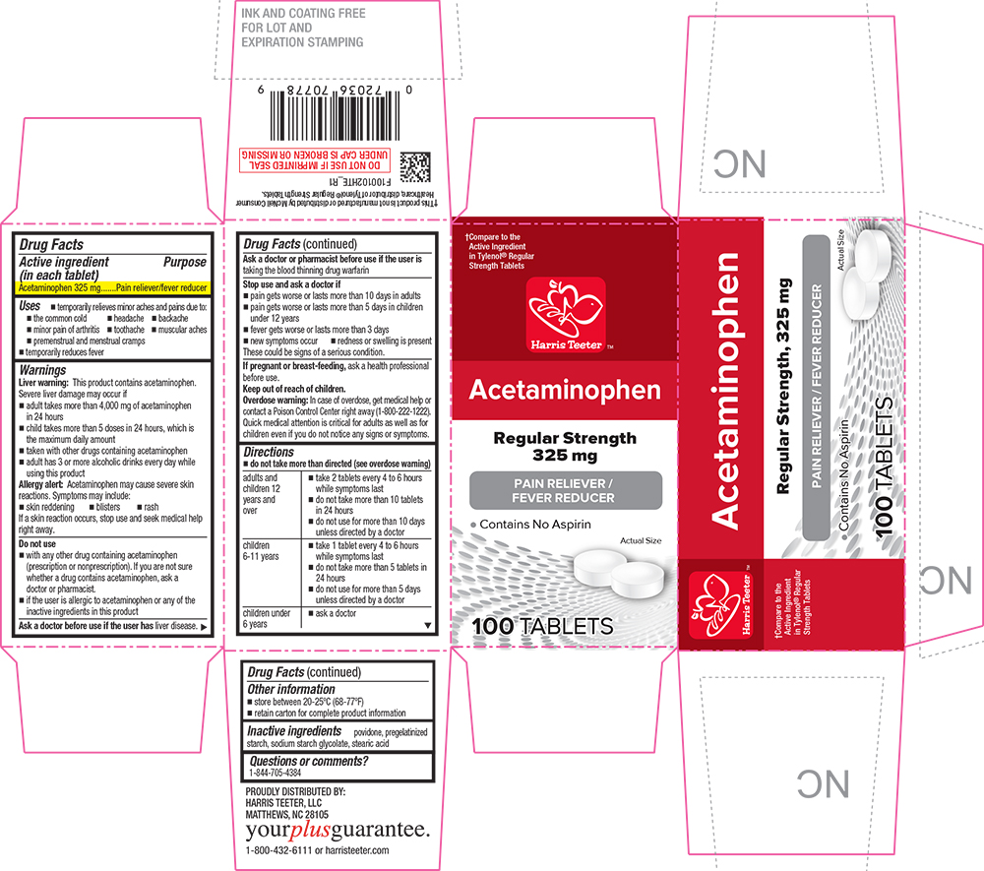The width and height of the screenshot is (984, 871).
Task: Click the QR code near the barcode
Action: click(416, 163)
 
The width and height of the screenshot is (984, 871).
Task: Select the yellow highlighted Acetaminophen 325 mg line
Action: click(113, 287)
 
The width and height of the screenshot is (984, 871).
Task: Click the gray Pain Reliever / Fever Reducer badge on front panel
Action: click(565, 489)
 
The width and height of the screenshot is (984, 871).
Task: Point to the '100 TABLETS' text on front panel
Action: click(542, 626)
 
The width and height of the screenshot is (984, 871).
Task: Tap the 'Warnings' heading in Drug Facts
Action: click(42, 369)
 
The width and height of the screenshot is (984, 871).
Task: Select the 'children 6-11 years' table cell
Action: click(266, 551)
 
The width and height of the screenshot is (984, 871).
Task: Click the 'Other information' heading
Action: click(291, 689)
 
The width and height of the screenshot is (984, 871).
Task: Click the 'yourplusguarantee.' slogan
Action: click(337, 830)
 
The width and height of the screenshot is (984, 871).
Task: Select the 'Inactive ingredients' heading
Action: click(295, 731)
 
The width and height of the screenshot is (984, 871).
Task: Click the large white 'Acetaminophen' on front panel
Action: click(565, 390)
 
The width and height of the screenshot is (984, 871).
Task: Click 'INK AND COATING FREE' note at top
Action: click(303, 14)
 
